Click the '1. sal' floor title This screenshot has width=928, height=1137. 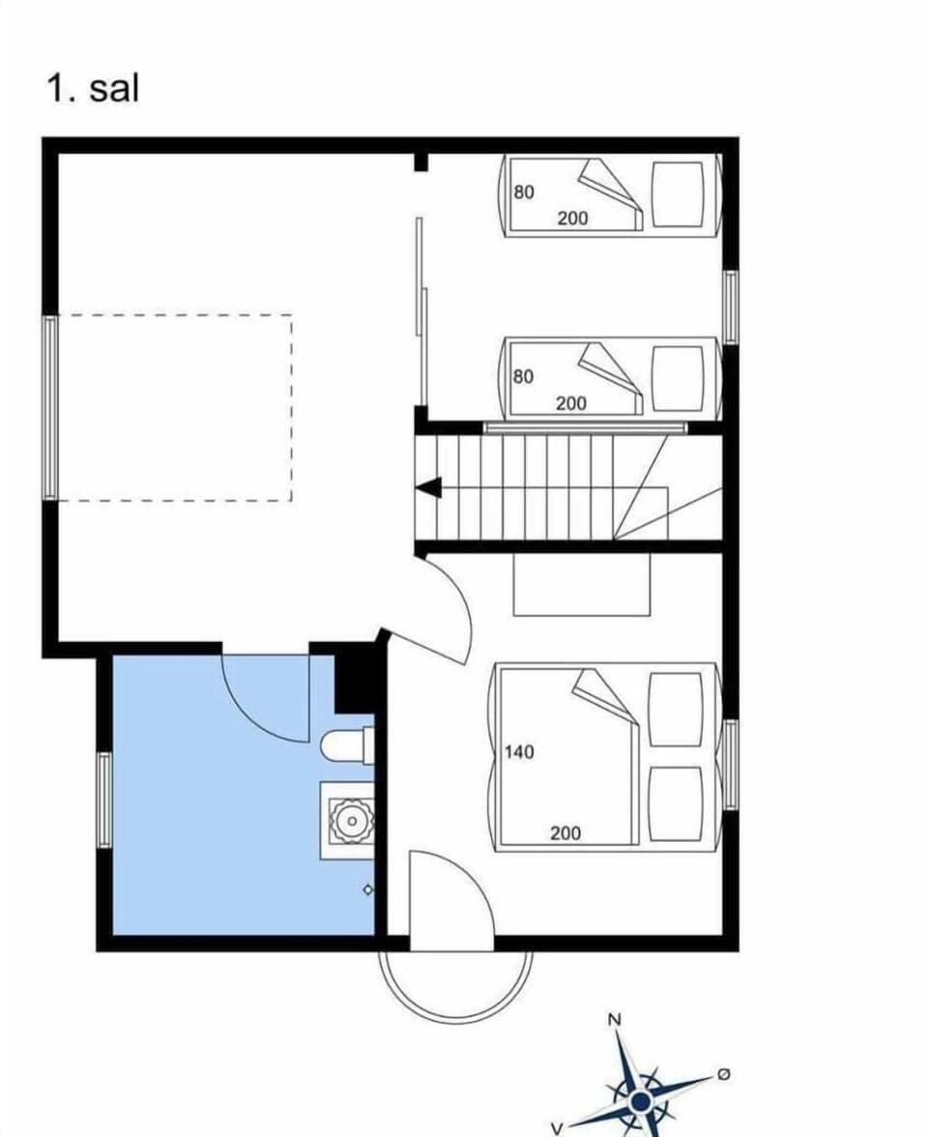[93, 88]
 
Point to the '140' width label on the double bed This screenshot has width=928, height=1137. [519, 751]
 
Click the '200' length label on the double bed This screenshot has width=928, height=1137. [565, 832]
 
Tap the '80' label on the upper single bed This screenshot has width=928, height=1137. [523, 192]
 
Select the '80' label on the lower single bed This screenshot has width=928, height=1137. [523, 376]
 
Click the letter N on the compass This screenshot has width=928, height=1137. [614, 1019]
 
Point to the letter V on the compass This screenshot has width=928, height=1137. [557, 1127]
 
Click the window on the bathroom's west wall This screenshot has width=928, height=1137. [104, 801]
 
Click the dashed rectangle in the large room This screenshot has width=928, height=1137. [174, 407]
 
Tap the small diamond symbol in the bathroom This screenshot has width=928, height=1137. [367, 889]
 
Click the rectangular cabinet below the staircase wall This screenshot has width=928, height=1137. [581, 584]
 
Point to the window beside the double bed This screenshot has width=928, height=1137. [731, 764]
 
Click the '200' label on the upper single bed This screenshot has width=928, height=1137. [572, 219]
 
